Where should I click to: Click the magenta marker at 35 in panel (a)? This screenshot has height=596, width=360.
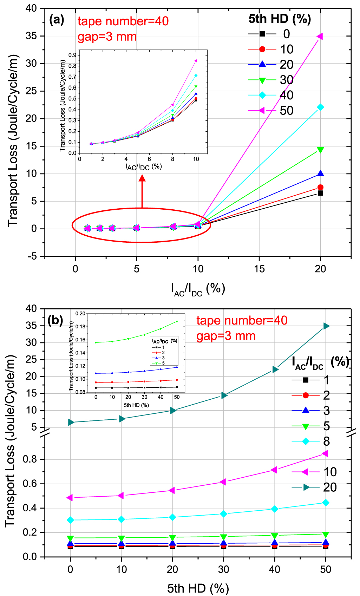tap(320, 36)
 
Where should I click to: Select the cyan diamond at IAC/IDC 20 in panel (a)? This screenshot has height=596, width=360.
tap(320, 107)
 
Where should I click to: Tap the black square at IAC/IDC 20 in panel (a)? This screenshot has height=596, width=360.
tap(320, 193)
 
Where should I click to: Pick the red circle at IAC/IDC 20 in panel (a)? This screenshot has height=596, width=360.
tap(320, 187)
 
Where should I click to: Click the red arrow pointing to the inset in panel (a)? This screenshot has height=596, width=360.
tap(142, 191)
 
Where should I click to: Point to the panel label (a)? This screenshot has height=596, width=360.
tap(57, 20)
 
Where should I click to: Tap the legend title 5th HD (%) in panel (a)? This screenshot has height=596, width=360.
tap(280, 19)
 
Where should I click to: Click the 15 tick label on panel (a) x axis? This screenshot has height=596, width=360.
tap(259, 269)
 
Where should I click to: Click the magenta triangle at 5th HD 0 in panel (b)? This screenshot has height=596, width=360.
tap(70, 498)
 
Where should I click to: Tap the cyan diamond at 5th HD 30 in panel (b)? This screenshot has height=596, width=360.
tap(223, 514)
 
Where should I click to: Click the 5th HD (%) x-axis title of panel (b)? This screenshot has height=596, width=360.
tap(198, 588)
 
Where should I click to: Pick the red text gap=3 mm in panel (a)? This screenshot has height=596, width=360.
tap(107, 37)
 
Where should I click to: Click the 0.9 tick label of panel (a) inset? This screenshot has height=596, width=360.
tap(72, 55)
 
